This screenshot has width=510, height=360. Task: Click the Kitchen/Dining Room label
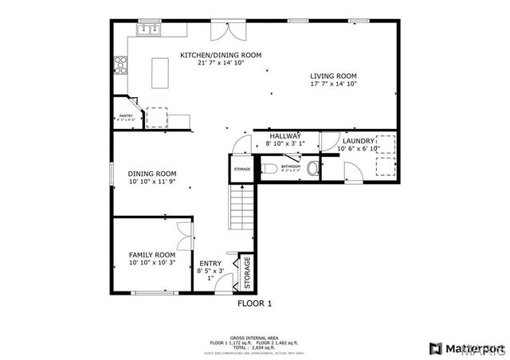tap(220, 55)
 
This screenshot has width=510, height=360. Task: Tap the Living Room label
tap(334, 76)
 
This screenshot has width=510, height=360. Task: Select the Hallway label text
tap(284, 136)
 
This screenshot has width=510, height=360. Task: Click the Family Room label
tap(151, 255)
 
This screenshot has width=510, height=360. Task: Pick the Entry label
tap(210, 264)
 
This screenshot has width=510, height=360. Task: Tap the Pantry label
tap(125, 116)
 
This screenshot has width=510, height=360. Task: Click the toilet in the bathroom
tap(268, 169)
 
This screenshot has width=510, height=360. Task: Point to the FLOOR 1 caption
tap(255, 303)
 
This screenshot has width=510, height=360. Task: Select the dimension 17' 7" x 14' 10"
tap(334, 84)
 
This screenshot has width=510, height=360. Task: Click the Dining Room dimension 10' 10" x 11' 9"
tap(151, 182)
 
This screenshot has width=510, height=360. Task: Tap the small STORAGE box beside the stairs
tap(241, 169)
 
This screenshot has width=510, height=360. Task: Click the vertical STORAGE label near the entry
tap(247, 272)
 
